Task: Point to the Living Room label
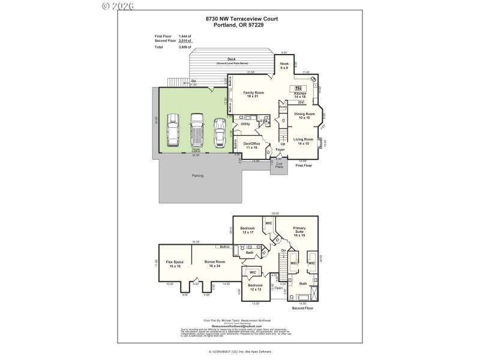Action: [x=304, y=141]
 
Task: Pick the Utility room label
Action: [x=245, y=124]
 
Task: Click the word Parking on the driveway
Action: [x=197, y=176]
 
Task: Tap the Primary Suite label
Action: [x=299, y=232]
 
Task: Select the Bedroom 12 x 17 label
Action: [x=248, y=230]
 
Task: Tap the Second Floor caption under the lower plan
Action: [x=302, y=308]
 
